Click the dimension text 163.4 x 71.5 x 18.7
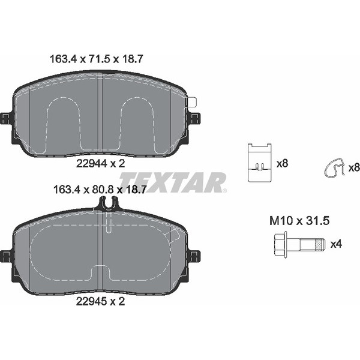(94, 59)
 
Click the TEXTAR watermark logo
(173, 182)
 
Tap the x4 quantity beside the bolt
(337, 244)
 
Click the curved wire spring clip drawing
(332, 169)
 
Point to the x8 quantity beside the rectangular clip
(281, 163)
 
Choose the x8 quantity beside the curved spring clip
(353, 166)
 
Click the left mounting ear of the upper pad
(7, 118)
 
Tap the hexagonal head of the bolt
(277, 244)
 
